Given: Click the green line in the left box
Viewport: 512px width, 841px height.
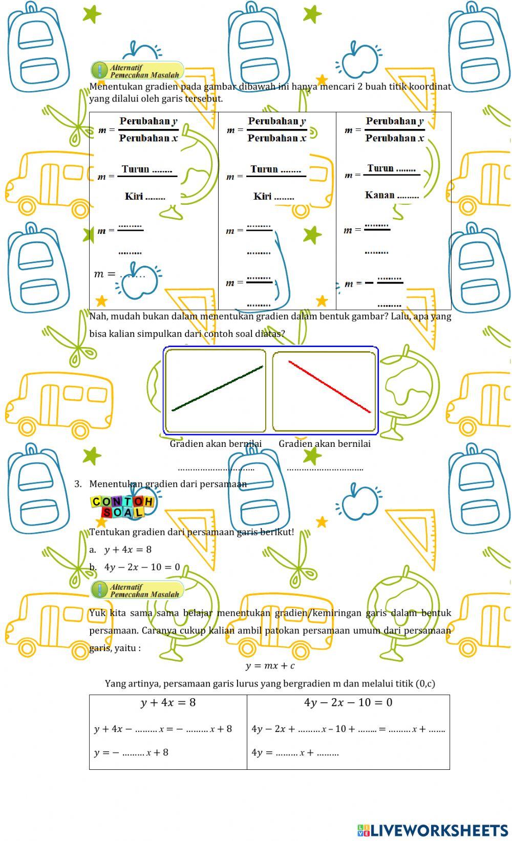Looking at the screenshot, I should [218, 388].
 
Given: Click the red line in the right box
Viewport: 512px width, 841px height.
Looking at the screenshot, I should [329, 386].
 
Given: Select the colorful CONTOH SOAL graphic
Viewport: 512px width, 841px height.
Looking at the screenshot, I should [122, 507].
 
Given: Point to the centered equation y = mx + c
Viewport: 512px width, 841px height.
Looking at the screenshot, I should [270, 665].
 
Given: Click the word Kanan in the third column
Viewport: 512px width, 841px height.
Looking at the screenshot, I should [380, 195].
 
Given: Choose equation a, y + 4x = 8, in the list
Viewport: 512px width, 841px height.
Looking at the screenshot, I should [128, 550].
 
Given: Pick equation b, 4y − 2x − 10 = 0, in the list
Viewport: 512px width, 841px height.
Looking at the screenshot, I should [142, 567].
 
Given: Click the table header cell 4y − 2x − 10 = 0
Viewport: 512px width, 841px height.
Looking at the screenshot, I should [348, 703].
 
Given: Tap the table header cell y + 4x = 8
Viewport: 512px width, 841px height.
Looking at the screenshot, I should [168, 703].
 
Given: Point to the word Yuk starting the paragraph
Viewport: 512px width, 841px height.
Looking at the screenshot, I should [97, 613].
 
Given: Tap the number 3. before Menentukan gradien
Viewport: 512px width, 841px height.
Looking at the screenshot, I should [78, 484].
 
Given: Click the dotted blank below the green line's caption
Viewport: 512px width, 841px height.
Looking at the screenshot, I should [216, 468].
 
